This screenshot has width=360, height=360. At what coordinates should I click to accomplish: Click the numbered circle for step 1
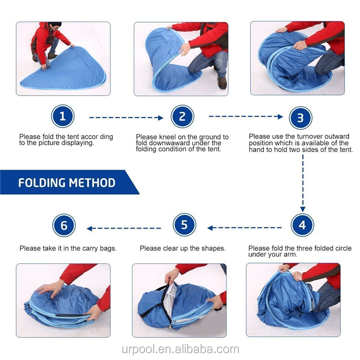point(63,117)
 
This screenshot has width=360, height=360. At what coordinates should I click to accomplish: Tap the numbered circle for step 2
point(182,117)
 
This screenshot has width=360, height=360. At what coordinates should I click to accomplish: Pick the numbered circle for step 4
point(302,225)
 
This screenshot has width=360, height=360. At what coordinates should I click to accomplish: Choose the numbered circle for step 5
point(185,225)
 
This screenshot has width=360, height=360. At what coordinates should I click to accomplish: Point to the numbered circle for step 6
point(64,225)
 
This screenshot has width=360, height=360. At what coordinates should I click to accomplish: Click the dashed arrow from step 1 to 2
point(126,117)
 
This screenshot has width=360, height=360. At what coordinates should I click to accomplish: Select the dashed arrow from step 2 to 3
point(245,117)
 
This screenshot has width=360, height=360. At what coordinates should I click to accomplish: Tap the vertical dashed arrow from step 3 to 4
point(302,183)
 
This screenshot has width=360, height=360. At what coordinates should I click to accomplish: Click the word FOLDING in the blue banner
point(42,183)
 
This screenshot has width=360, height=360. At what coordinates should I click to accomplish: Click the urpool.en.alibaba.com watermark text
point(180,349)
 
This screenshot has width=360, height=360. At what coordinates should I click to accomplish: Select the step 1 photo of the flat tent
point(63,58)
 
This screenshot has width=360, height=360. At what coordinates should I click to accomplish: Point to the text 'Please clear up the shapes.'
point(182,248)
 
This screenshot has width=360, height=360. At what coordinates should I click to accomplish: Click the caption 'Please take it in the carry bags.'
point(68,248)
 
